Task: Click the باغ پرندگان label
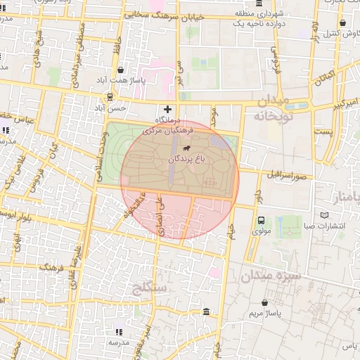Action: (x=188, y=160)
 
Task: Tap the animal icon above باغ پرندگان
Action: (x=187, y=149)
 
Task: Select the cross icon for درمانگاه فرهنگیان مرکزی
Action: (x=167, y=109)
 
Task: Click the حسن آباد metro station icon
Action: (x=110, y=97)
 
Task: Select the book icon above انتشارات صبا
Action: (x=323, y=215)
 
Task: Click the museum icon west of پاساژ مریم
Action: (x=205, y=311)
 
